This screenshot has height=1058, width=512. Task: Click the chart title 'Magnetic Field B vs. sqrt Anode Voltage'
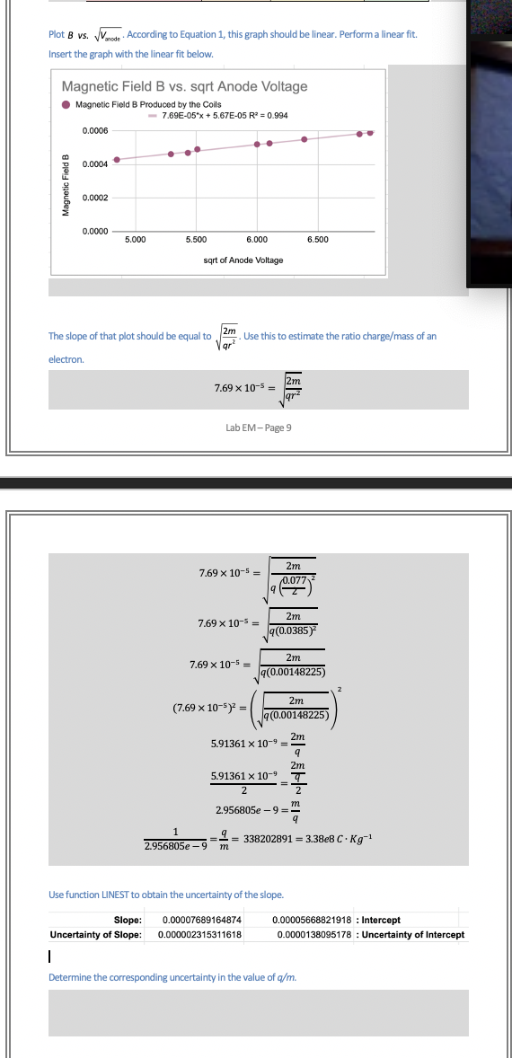point(183,86)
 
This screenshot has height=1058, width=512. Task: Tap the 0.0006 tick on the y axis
point(95,131)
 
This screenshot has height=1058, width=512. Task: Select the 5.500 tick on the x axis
point(194,240)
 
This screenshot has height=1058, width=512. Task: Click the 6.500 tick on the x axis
point(317,240)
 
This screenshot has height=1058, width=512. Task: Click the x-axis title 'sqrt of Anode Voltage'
point(243,260)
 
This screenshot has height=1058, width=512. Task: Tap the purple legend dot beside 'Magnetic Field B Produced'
point(66,104)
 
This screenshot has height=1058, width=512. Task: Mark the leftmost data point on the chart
point(116,160)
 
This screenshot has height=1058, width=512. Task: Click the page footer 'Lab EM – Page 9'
point(258,428)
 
